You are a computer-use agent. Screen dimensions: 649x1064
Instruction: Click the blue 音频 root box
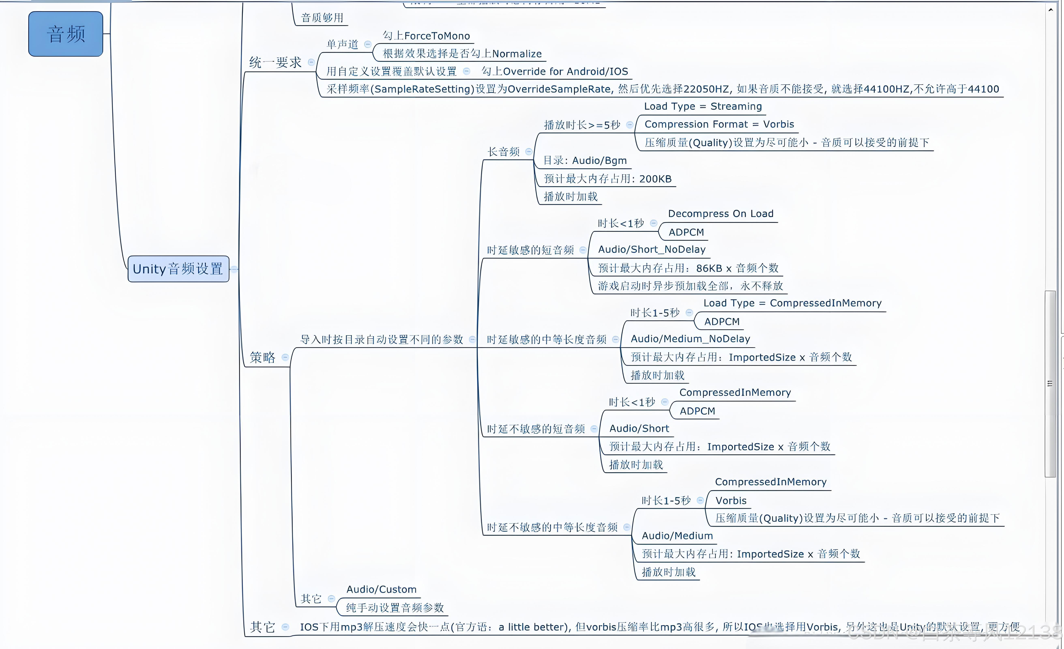(66, 34)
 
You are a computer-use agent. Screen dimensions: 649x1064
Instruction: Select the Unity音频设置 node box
(178, 269)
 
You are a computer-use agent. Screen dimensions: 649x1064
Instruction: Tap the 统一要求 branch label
(275, 63)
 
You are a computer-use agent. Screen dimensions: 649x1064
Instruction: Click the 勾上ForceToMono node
(426, 36)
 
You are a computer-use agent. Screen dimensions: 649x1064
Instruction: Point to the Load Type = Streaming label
(703, 106)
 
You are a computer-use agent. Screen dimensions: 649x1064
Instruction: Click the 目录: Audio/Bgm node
(585, 161)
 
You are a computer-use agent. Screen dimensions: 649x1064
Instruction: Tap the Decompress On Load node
(720, 214)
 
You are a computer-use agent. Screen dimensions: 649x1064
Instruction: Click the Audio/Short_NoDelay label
(652, 250)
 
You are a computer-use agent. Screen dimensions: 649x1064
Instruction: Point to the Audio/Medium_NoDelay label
(690, 339)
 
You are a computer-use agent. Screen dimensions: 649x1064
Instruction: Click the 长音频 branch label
(503, 152)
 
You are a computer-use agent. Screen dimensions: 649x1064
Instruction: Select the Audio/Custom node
(381, 589)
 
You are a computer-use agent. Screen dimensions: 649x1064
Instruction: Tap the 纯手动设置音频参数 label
(395, 608)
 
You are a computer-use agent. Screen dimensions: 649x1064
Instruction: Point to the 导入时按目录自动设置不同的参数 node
(382, 340)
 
